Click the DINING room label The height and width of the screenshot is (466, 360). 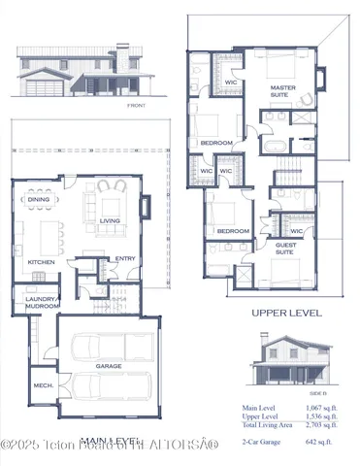(39, 200)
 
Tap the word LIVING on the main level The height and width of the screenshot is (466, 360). (110, 221)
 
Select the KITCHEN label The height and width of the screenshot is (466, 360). (41, 262)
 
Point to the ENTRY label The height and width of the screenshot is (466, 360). (125, 258)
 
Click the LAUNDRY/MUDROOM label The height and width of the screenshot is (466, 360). (41, 302)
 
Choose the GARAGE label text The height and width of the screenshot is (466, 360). (108, 366)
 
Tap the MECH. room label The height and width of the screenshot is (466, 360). (42, 384)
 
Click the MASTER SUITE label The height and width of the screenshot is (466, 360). (282, 91)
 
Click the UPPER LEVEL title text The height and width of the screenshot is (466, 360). (287, 313)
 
